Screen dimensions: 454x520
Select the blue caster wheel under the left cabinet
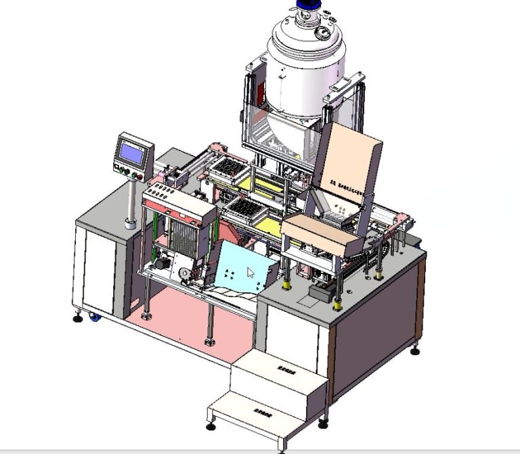click(94, 317)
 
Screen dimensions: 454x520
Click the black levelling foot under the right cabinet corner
click(415, 350)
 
